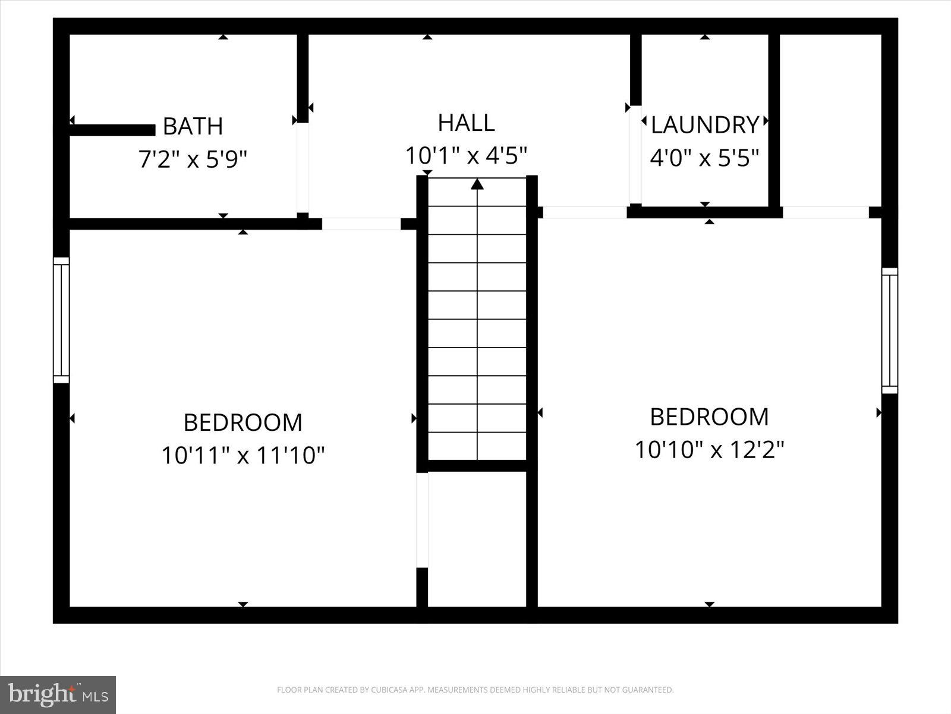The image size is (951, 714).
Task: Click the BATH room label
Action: (x=193, y=126)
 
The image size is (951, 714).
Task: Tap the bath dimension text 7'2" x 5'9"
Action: (x=193, y=159)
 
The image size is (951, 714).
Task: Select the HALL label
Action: (x=466, y=123)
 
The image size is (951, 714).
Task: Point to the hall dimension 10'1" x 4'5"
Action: (x=466, y=156)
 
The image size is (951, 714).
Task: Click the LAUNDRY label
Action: (x=705, y=125)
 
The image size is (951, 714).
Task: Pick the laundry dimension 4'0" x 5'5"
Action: (x=705, y=158)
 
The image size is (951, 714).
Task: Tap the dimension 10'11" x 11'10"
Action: (x=243, y=456)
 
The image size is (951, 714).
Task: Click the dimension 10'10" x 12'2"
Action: (x=710, y=450)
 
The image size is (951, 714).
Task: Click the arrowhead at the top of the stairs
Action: (x=477, y=184)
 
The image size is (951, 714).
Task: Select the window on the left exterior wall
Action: (x=61, y=320)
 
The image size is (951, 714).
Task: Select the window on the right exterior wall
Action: (x=889, y=330)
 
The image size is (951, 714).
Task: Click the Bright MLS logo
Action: (x=58, y=694)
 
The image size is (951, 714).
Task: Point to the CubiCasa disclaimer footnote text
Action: (x=475, y=690)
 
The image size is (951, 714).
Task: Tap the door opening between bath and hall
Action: (x=303, y=167)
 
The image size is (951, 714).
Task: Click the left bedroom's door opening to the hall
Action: (x=361, y=224)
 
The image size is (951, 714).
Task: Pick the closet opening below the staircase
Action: (x=422, y=519)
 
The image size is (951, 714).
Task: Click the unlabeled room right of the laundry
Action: (x=830, y=119)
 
